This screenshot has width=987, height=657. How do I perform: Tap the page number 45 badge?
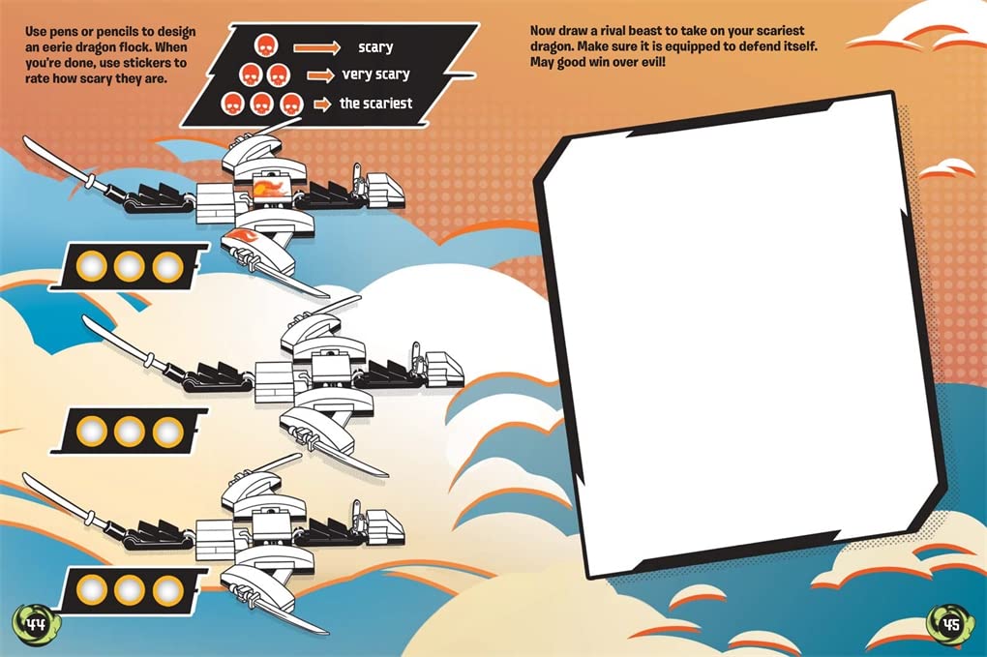[x=950, y=624]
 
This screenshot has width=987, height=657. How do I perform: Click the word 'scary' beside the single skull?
[x=375, y=47]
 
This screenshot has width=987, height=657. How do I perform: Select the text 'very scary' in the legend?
[x=375, y=75]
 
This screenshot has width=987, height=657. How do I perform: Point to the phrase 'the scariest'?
[x=375, y=104]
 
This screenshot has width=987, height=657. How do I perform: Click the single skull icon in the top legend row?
[x=265, y=45]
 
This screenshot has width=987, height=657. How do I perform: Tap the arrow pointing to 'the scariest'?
[x=322, y=104]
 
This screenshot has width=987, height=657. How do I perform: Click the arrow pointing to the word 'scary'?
[x=317, y=47]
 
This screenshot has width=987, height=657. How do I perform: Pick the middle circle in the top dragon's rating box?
[x=129, y=266]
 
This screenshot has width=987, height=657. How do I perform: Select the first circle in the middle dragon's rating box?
[x=91, y=432]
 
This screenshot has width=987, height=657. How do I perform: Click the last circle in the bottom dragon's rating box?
[x=167, y=589]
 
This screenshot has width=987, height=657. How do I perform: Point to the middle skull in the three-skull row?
[x=260, y=104]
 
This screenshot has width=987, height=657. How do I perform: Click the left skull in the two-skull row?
[x=250, y=75]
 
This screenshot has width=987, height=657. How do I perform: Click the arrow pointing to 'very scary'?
[x=321, y=75]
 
